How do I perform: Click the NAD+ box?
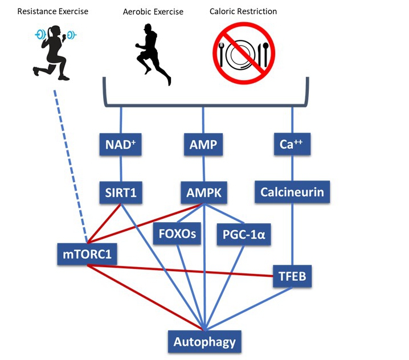point(120,145)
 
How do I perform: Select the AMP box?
point(203,145)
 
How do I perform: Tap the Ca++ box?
point(292,145)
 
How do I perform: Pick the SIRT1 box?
point(120,193)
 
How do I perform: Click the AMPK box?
point(203,193)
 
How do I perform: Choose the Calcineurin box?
point(292,192)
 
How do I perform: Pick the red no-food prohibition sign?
point(244,54)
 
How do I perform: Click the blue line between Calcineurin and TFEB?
point(292,234)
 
